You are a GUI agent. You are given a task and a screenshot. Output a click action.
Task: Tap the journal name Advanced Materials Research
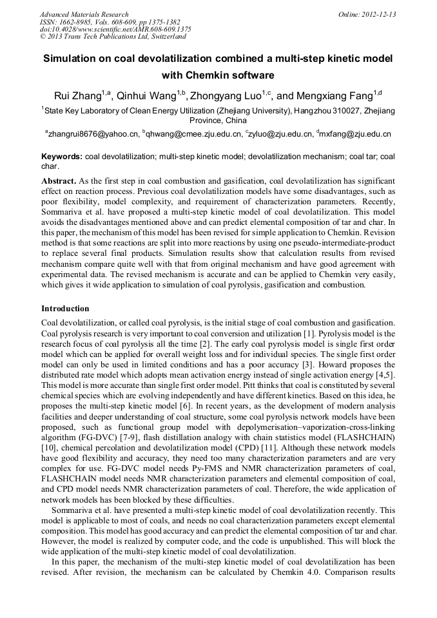point(84,14)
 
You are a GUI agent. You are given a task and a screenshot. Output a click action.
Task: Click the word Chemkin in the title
point(209,74)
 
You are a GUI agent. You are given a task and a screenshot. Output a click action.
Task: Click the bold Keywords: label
point(62,157)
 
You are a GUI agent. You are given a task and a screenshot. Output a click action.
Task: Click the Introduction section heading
point(65,309)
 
